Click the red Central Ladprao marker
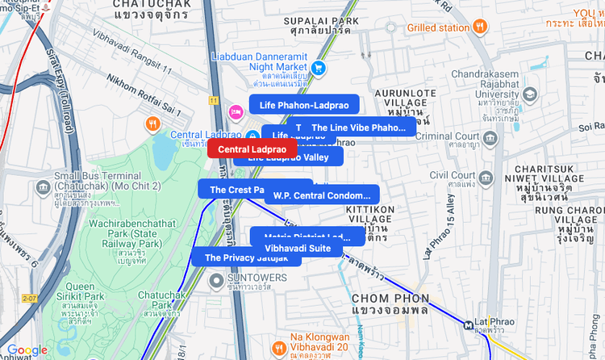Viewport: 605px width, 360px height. pos(252,149)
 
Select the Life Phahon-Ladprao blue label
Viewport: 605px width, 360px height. pos(304,105)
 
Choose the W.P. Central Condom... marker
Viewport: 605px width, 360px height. pos(321,195)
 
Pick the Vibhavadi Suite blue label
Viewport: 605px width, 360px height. pos(298,248)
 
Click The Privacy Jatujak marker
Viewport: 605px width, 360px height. pos(245,257)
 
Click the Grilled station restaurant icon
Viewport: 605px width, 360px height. pos(480,27)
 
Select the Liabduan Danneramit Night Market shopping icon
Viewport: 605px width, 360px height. pos(319,68)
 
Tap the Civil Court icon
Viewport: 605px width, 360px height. pos(486,177)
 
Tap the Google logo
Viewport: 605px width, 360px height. pos(27,350)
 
